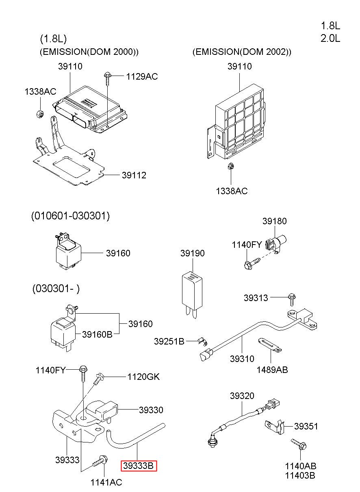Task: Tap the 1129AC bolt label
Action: (x=142, y=76)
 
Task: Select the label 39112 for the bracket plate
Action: (x=134, y=175)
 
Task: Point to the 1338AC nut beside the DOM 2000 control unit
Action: (x=40, y=114)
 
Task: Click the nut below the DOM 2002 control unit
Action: (x=231, y=166)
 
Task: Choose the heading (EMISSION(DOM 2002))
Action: (x=242, y=52)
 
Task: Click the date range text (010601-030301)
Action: (x=70, y=216)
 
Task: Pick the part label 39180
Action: (x=275, y=221)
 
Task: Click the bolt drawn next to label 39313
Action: (x=292, y=299)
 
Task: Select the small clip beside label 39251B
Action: (x=202, y=341)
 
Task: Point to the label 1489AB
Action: (x=272, y=370)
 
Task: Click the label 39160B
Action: (x=97, y=334)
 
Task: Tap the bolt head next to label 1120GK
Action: (x=100, y=376)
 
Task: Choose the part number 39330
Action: (x=151, y=410)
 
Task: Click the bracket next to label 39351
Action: (x=275, y=427)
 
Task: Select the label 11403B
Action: (x=300, y=475)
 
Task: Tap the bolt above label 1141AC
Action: (x=100, y=461)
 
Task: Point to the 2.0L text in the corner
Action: (x=330, y=39)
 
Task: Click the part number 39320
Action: (x=242, y=396)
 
